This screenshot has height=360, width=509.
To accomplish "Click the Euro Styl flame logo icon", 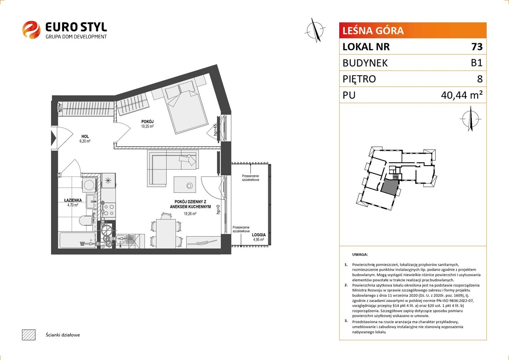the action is point(31,30).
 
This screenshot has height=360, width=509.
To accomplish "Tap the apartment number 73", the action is point(477,46).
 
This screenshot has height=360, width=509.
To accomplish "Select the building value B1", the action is point(477,63).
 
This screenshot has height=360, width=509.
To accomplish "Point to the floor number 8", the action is point(480,79).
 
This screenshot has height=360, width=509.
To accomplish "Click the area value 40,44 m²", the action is point(462,95).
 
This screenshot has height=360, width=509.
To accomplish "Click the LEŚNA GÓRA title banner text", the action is point(373,31).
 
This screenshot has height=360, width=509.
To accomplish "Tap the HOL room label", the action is point(85,136).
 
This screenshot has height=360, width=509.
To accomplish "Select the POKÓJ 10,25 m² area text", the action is point(147,126).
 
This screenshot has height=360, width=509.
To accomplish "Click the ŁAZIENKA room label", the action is point(73,200).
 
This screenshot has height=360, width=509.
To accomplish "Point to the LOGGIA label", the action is point(259,235).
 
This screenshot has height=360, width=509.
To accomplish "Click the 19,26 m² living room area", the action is point(190,214).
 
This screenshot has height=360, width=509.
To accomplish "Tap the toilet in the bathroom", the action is point(86,220).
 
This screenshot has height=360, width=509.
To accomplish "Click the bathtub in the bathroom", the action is point(77,240).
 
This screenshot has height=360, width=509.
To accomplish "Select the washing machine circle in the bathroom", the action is point(90,184).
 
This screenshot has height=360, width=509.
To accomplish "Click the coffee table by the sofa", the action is point(185,184).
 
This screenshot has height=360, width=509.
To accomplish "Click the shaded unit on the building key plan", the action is point(389,186).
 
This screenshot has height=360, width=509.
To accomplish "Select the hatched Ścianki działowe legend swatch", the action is point(29,335).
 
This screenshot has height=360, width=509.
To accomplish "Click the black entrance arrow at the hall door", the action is point(54,138).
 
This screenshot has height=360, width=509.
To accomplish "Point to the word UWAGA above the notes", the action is point(360,254).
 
